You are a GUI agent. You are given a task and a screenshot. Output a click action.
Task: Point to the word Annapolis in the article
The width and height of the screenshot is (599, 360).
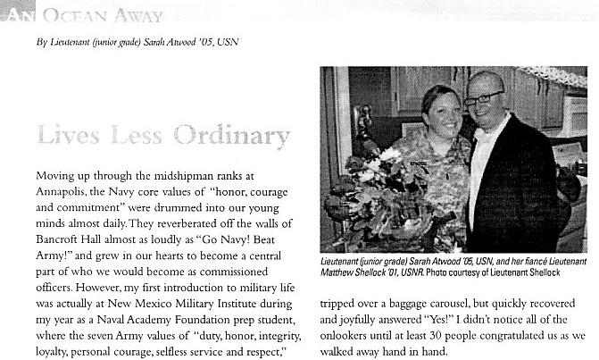point(62,188)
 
